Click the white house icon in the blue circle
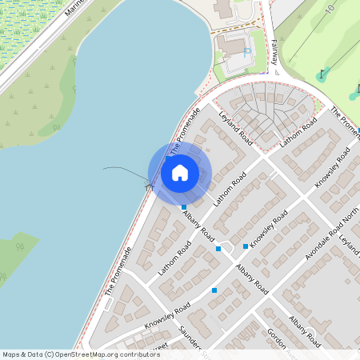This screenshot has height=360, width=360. pyautogui.click(x=180, y=172)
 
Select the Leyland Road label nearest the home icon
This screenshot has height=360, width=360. pyautogui.click(x=235, y=133)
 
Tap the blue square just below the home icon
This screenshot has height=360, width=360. pyautogui.click(x=184, y=207)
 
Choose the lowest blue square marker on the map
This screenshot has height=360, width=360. pyautogui.click(x=214, y=290)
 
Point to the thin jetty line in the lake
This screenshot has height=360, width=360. pyautogui.click(x=124, y=174)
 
